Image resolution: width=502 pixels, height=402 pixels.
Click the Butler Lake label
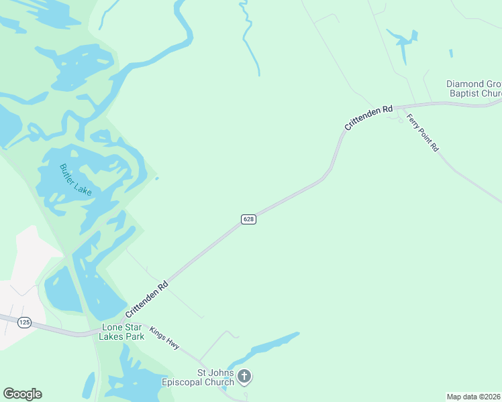(75, 180)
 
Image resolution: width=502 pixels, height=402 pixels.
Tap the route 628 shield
(248, 220)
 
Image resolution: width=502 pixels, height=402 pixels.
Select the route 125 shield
(25, 323)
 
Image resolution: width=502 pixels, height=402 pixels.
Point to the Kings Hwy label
(164, 337)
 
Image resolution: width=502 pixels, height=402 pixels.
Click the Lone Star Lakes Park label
(122, 332)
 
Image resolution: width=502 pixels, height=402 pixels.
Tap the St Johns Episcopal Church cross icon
(244, 377)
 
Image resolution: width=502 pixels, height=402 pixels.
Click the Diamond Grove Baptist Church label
(474, 89)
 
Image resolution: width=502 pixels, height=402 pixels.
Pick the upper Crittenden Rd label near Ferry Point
(368, 117)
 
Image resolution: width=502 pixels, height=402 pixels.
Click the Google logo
(22, 394)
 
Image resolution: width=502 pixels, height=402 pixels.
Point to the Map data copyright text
(474, 396)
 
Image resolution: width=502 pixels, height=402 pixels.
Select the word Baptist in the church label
(465, 94)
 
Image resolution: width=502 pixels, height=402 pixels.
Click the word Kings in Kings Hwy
(158, 332)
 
